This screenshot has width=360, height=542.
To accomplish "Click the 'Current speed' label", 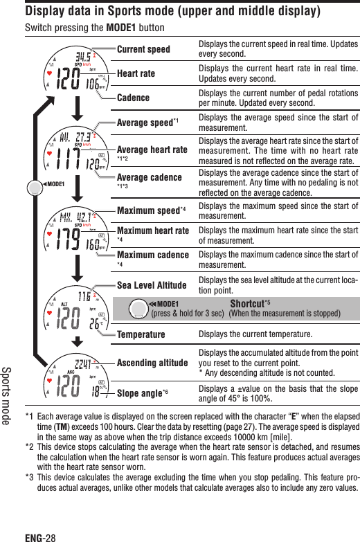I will tap(143, 50).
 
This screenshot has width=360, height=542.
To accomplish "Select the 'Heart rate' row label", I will tap(136, 73).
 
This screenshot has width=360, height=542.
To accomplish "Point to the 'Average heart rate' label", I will tap(152, 150).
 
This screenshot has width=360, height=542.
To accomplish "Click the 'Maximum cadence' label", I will tap(153, 255).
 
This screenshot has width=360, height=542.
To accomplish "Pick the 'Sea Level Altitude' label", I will tap(152, 284).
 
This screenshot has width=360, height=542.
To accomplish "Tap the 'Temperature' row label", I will tap(141, 335).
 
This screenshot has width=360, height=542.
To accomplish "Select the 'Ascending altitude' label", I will tap(153, 363).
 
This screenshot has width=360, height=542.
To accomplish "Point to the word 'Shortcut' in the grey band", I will tap(247, 303).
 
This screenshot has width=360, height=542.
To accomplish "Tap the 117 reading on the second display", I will tap(68, 159).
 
